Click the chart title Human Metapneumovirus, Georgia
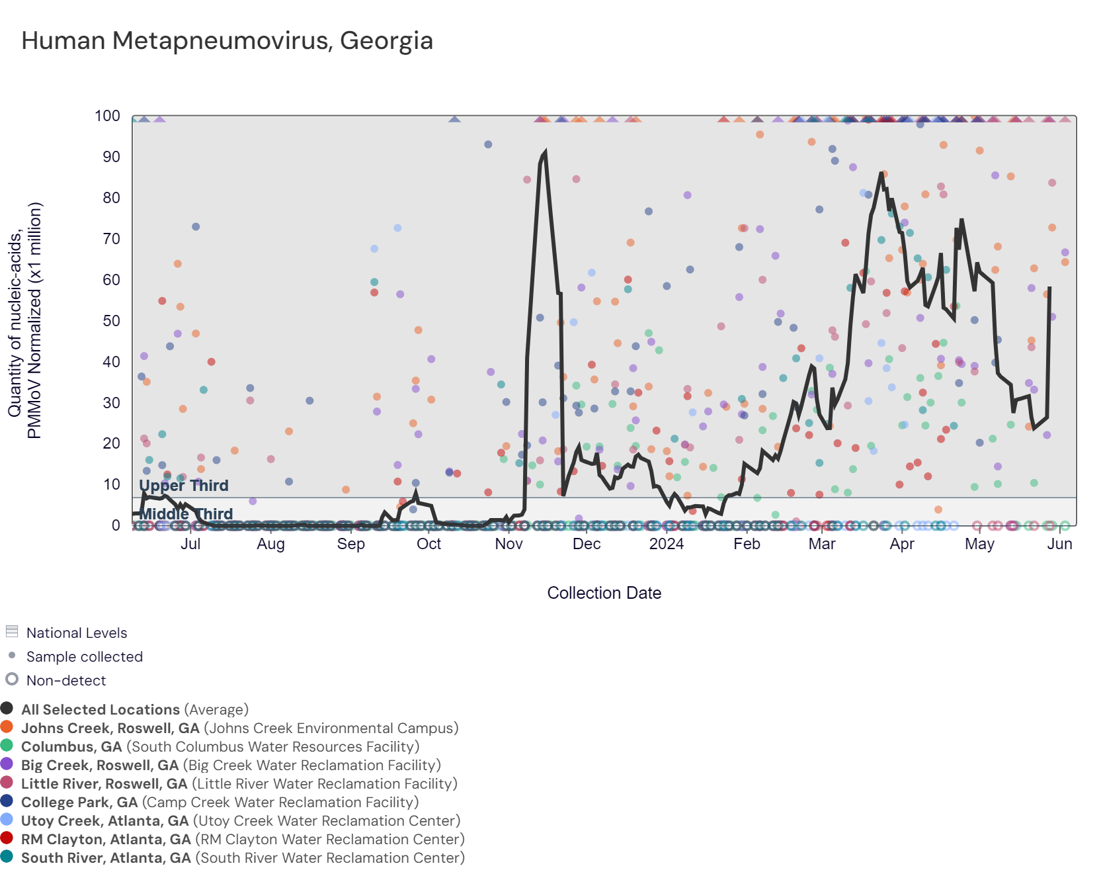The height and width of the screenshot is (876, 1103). pos(227,41)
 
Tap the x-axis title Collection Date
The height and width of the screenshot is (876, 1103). pos(604,593)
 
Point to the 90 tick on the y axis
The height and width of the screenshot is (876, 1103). pos(111,157)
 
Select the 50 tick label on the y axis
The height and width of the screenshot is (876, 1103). pos(111,321)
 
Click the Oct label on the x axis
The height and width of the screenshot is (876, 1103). pos(429,544)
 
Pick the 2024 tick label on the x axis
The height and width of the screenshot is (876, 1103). pos(666,544)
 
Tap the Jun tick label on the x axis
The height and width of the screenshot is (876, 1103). pos(1059,544)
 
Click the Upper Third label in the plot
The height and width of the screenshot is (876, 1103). pos(184,486)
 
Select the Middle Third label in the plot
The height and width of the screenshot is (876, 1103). pos(186,514)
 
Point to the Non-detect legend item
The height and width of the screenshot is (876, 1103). pos(65,680)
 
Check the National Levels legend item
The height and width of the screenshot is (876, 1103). pos(76,633)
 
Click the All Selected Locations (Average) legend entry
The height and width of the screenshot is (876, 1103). pos(134,709)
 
